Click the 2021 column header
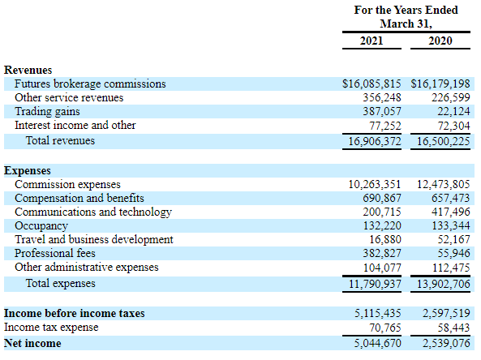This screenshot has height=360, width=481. click(x=371, y=41)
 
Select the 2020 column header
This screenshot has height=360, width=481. click(x=440, y=41)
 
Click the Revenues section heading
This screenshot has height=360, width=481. click(x=28, y=70)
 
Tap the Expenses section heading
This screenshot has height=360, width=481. click(x=28, y=170)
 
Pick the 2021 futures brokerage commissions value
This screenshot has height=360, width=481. click(x=371, y=84)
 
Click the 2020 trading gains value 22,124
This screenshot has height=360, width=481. click(x=453, y=111)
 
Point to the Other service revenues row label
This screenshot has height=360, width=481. click(x=69, y=97)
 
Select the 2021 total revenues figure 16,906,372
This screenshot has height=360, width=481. click(x=375, y=141)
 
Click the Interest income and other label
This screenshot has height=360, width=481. click(x=75, y=125)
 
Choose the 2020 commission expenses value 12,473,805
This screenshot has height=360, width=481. click(x=443, y=184)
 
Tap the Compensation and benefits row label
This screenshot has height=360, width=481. click(x=79, y=198)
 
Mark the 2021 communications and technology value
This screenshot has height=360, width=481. click(x=382, y=212)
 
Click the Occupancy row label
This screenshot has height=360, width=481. click(x=41, y=225)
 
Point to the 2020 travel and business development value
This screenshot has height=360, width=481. click(x=453, y=239)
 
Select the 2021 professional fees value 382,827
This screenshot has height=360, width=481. click(x=382, y=253)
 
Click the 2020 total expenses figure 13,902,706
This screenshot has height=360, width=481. click(x=443, y=284)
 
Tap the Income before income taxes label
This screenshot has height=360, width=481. click(x=75, y=313)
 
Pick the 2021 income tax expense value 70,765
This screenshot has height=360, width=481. click(x=385, y=328)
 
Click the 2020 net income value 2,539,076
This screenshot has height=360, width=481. click(x=446, y=343)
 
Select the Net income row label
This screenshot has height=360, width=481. click(x=32, y=343)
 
